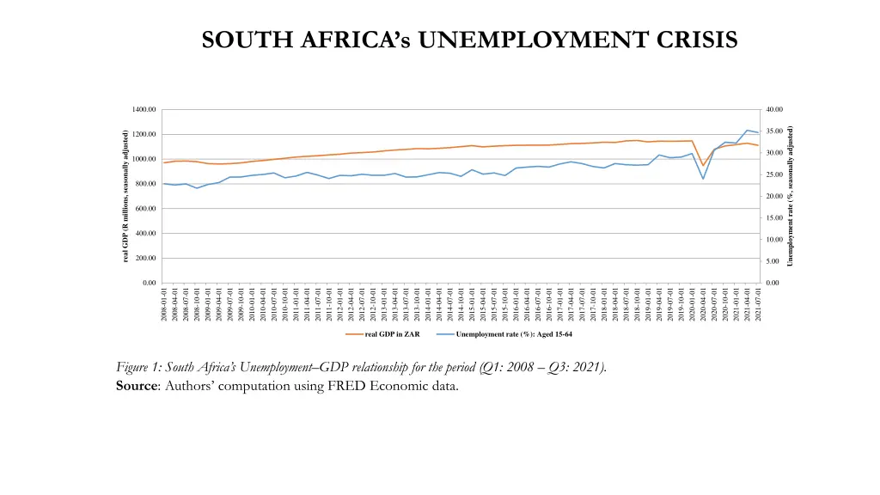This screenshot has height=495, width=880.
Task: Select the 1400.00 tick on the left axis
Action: (144, 110)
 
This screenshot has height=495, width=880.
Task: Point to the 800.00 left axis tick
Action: (145, 184)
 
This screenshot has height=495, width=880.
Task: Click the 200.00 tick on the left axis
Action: (145, 258)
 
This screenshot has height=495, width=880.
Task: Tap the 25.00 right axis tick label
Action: (773, 175)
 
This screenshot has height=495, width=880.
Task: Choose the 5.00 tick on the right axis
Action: (771, 261)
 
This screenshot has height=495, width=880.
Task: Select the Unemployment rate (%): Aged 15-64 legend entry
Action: (507, 333)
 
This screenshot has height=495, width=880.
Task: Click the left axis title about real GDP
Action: (125, 197)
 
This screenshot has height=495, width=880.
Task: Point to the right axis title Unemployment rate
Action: (790, 197)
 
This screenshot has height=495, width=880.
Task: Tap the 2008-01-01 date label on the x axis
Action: (163, 306)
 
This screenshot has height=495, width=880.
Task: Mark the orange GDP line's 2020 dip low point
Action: (703, 166)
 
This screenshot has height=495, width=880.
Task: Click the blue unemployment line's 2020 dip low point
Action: (703, 179)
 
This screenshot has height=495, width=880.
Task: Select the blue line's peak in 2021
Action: (747, 130)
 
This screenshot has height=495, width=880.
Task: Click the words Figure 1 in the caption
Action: (138, 368)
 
